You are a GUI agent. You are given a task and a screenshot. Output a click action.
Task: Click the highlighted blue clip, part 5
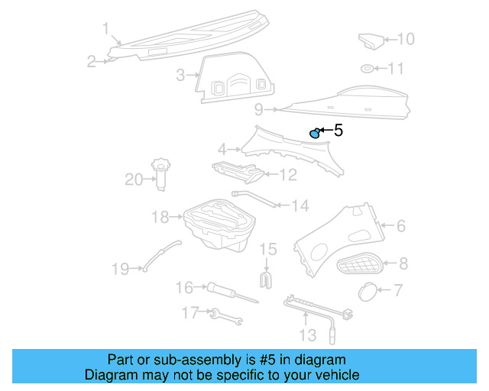pos(314,134)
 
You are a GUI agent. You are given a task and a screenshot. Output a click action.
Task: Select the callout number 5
pos(338,131)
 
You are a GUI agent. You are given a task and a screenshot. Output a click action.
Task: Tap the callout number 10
pos(405,38)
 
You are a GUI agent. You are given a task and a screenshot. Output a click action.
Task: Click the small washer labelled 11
pos(368,69)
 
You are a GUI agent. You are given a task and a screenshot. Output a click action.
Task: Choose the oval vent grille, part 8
pos(362,265)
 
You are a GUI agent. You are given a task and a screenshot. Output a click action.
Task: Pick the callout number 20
pos(134,179)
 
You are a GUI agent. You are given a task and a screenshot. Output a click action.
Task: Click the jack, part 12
pos(238,173)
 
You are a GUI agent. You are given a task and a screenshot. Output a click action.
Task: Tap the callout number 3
pos(180,75)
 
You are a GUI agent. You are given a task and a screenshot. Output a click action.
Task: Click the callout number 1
pos(106,29)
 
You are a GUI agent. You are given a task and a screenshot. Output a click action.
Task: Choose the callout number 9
pos(259,109)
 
